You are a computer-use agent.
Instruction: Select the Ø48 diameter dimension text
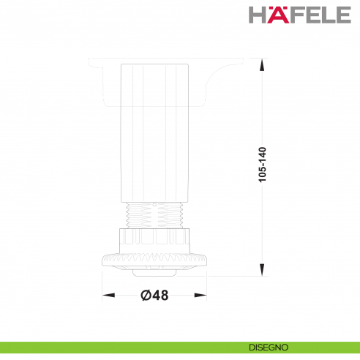(x=154, y=295)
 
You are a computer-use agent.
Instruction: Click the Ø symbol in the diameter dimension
(x=144, y=295)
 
